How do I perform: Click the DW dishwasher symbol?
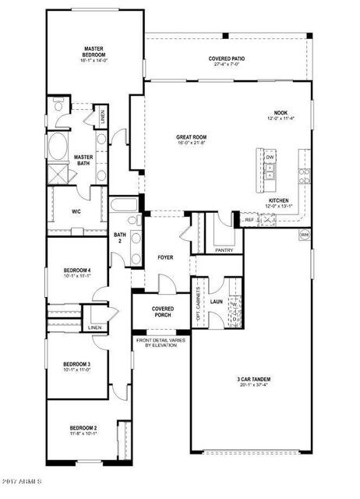pyautogui.click(x=270, y=158)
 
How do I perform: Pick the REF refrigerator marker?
pyautogui.click(x=249, y=221)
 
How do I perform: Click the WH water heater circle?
pyautogui.click(x=305, y=235)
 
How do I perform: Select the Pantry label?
pyautogui.click(x=224, y=251)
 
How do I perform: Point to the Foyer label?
pyautogui.click(x=165, y=257)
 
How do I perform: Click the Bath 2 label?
pyautogui.click(x=120, y=238)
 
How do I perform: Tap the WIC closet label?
pyautogui.click(x=77, y=211)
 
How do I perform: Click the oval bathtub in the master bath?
pyautogui.click(x=58, y=147)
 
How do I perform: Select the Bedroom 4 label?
pyautogui.click(x=77, y=272)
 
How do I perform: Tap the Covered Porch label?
pyautogui.click(x=163, y=312)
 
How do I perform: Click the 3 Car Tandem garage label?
pyautogui.click(x=254, y=381)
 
